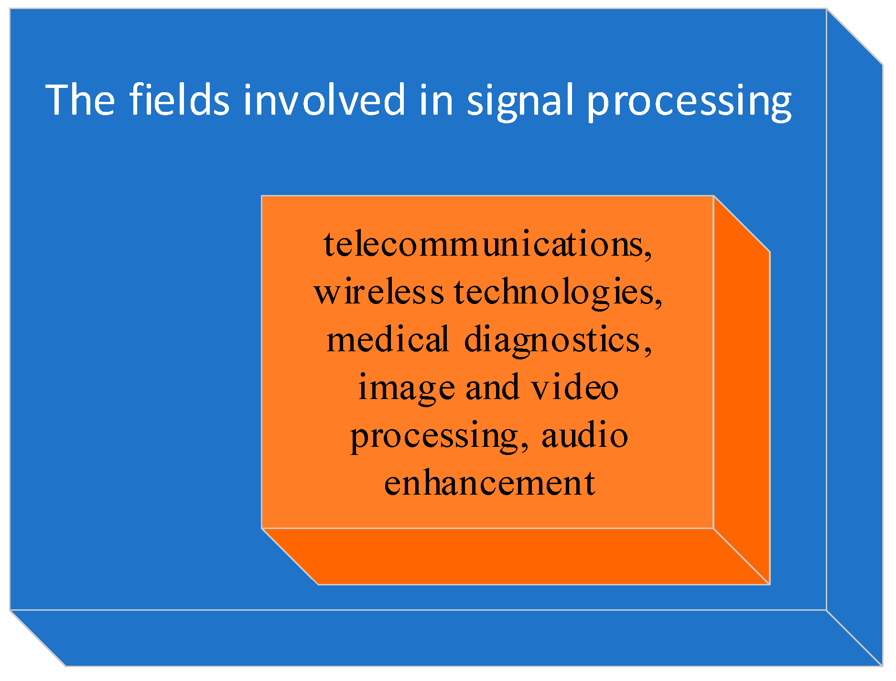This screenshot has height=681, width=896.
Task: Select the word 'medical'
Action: click(x=388, y=340)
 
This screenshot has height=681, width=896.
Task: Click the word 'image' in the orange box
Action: click(x=406, y=389)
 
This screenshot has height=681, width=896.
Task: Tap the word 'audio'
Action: click(x=584, y=435)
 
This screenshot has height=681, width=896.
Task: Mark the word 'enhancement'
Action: click(x=489, y=483)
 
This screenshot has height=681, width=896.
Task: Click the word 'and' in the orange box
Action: click(x=492, y=388)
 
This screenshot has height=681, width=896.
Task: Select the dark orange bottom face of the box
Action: click(x=516, y=556)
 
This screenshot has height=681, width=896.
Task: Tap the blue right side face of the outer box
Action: click(x=854, y=335)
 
